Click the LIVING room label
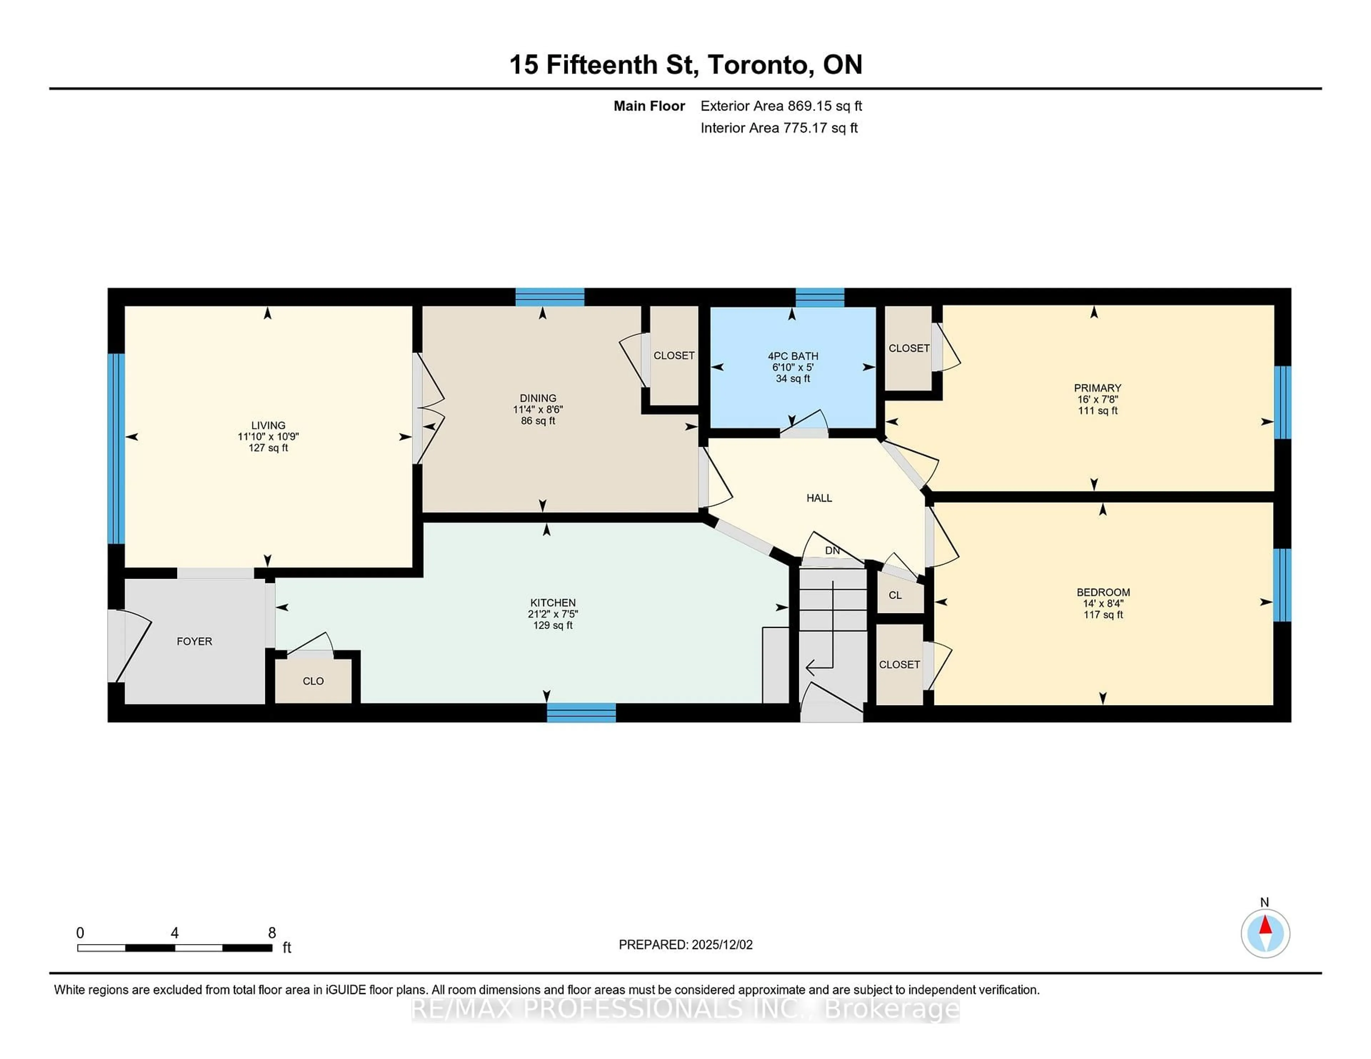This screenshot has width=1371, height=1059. tap(268, 425)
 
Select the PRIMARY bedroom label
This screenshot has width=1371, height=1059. tap(1097, 388)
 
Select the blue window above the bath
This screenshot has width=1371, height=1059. tap(819, 297)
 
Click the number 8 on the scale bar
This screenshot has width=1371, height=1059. tap(272, 933)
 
